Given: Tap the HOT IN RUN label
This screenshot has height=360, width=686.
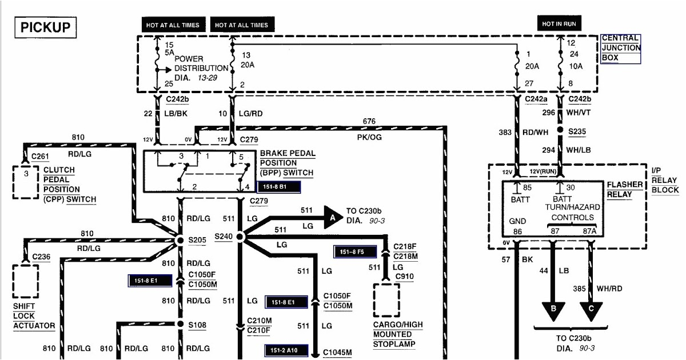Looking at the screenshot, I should [560, 23].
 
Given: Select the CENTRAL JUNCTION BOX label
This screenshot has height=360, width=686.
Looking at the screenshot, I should [620, 48].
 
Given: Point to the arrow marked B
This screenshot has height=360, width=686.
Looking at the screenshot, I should [552, 310].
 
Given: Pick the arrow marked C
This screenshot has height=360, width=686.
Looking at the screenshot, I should [591, 310].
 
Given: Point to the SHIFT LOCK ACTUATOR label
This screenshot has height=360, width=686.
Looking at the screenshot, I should [34, 315].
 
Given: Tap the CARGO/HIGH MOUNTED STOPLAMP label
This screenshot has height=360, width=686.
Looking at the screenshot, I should [398, 334].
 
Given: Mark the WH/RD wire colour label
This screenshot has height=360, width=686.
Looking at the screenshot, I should [610, 289].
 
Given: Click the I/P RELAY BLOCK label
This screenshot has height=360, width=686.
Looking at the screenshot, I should [664, 181].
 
